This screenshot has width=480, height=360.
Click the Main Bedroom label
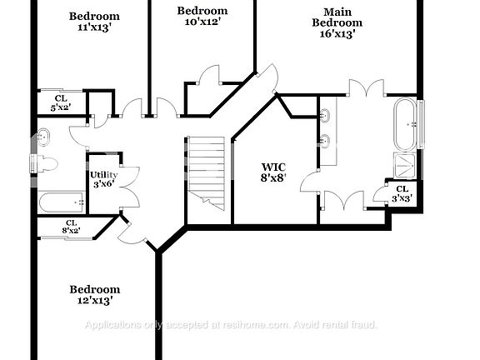[337, 17]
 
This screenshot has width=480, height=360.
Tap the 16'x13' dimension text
[337, 34]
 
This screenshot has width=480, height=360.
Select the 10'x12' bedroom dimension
[202, 22]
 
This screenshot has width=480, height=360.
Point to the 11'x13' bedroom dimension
[94, 27]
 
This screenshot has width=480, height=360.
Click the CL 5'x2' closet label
[61, 102]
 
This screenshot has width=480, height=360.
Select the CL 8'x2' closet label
[71, 226]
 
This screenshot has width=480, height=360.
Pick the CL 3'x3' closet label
[403, 193]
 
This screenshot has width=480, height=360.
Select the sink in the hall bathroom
[44, 137]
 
